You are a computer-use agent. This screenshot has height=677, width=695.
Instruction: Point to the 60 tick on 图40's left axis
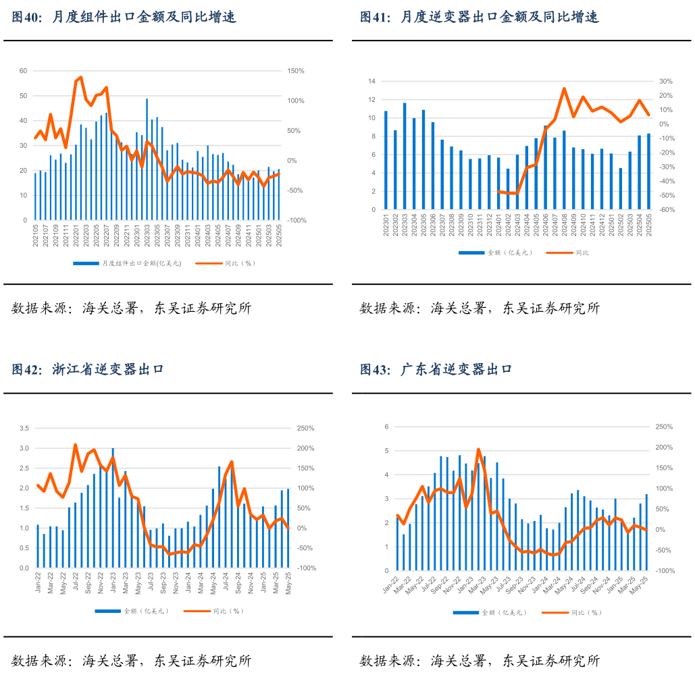[23, 71]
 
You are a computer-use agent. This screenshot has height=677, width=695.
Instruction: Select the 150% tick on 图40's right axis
[296, 71]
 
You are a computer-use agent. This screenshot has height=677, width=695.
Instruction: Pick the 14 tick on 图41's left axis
[371, 82]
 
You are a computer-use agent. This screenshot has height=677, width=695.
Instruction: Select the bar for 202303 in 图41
[405, 156]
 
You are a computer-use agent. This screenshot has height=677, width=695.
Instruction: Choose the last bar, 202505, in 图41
[649, 171]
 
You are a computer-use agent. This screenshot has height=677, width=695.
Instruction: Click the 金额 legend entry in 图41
[496, 252]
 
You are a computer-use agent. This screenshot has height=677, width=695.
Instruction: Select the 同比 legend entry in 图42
[217, 611]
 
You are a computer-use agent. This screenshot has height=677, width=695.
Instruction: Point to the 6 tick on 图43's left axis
[387, 427]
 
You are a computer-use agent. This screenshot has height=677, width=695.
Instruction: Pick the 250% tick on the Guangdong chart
[665, 427]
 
